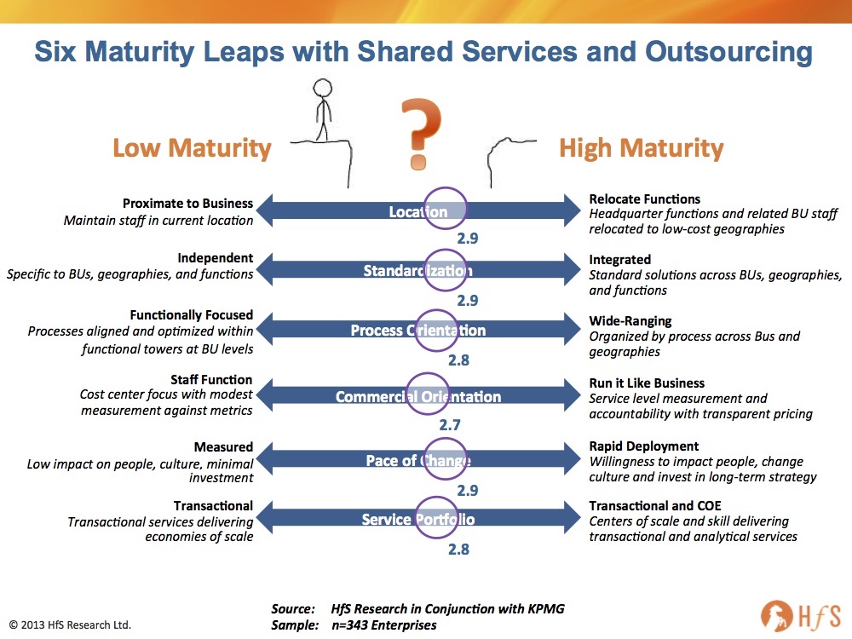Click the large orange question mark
pyautogui.click(x=420, y=133)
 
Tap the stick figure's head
pyautogui.click(x=322, y=88)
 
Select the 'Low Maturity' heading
pyautogui.click(x=192, y=147)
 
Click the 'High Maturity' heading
pyautogui.click(x=642, y=147)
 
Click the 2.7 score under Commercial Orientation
pyautogui.click(x=450, y=425)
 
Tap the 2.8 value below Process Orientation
pyautogui.click(x=458, y=360)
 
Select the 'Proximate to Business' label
pyautogui.click(x=187, y=204)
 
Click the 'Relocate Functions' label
pyautogui.click(x=644, y=199)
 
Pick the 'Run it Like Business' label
pyautogui.click(x=647, y=383)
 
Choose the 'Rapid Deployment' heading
pyautogui.click(x=644, y=446)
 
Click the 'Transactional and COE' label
pyautogui.click(x=654, y=506)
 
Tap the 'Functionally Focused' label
pyautogui.click(x=191, y=315)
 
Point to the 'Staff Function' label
pyautogui.click(x=211, y=380)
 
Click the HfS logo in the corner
pyautogui.click(x=801, y=617)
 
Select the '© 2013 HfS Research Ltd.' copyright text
pyautogui.click(x=70, y=625)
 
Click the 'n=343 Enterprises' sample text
pyautogui.click(x=384, y=625)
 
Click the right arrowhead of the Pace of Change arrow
pyautogui.click(x=573, y=458)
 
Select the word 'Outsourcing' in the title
pyautogui.click(x=728, y=52)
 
